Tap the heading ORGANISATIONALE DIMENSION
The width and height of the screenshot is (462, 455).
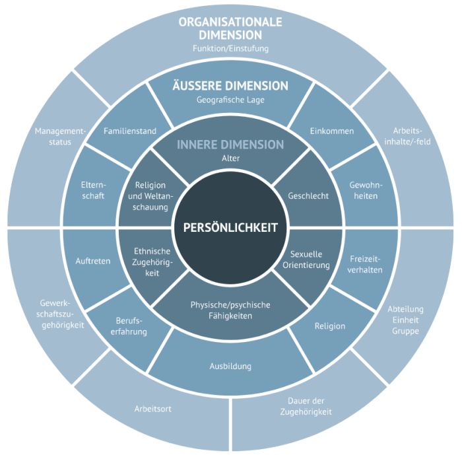[x=230, y=28]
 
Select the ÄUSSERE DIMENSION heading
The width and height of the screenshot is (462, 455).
[x=230, y=86]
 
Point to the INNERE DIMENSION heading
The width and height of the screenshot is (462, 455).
[x=230, y=145]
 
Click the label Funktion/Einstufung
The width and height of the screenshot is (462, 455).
[x=230, y=48]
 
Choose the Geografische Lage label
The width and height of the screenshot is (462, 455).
[x=230, y=100]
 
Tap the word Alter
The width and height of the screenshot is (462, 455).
[x=230, y=158]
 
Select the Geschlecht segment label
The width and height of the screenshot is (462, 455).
[x=308, y=196]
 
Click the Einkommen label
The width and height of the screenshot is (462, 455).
[x=332, y=131]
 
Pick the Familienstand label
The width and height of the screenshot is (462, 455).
[x=130, y=131]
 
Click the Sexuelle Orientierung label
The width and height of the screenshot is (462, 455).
[x=306, y=260]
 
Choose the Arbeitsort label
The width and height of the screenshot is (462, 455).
[x=152, y=409]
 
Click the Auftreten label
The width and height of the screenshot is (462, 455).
[x=92, y=261]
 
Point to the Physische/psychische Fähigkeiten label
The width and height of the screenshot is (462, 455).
[x=230, y=310]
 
